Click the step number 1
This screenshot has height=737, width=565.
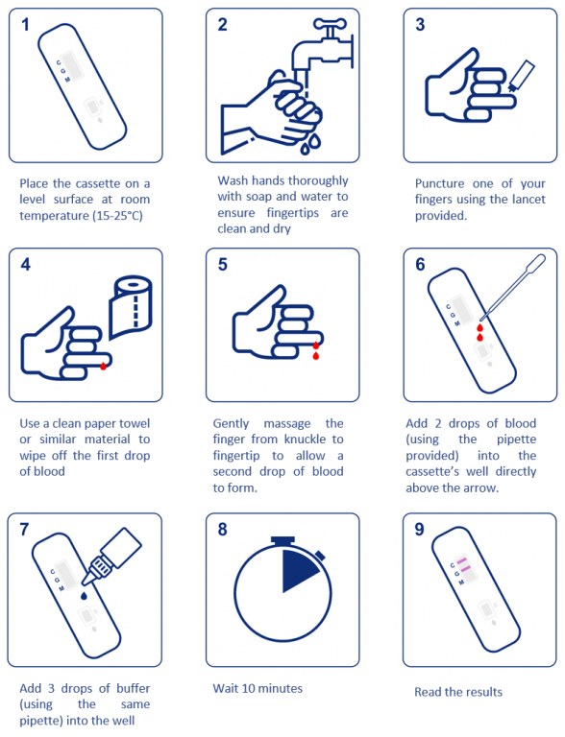click(x=26, y=24)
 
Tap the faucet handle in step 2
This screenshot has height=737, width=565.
click(x=330, y=23)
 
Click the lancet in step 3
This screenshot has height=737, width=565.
click(x=521, y=76)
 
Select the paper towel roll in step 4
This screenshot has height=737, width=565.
click(x=131, y=307)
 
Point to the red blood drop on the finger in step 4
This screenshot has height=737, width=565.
click(x=104, y=366)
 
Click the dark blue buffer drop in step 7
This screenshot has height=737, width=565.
click(x=84, y=596)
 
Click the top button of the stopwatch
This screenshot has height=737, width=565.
click(x=282, y=540)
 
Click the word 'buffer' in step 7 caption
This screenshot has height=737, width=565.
click(x=134, y=688)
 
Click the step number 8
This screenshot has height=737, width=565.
click(x=222, y=530)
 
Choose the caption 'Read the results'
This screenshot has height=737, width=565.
click(x=458, y=692)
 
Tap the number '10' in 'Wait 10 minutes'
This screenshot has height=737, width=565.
click(x=249, y=689)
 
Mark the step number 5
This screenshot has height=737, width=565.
click(x=222, y=264)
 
